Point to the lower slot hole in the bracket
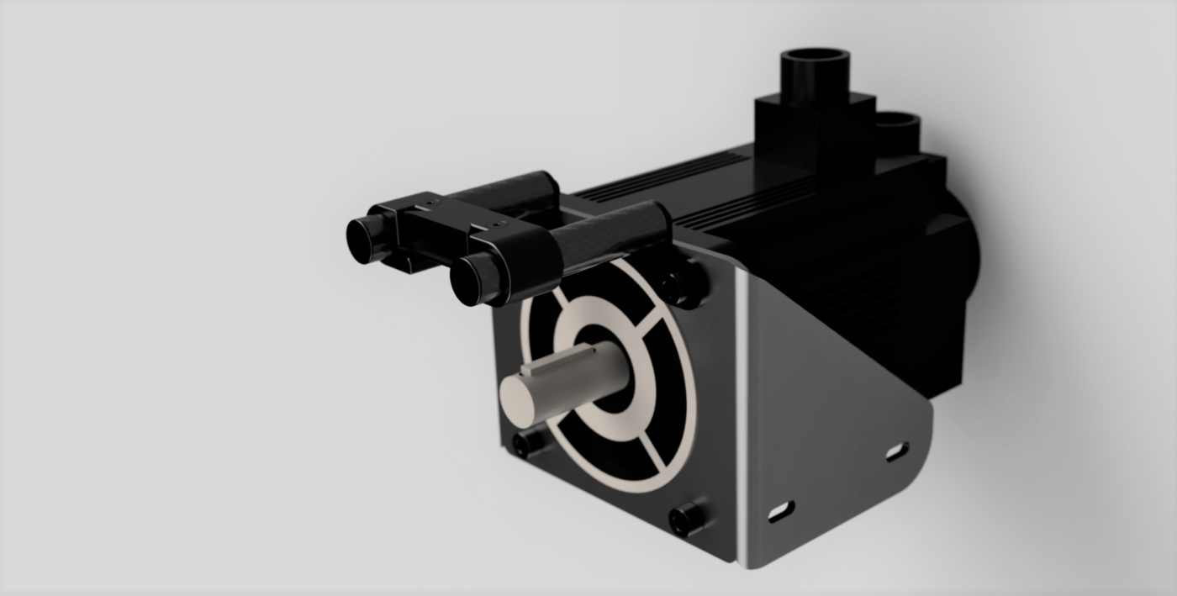pyautogui.click(x=781, y=509)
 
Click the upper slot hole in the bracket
pyautogui.click(x=896, y=451)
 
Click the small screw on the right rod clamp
pyautogui.click(x=502, y=224)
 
